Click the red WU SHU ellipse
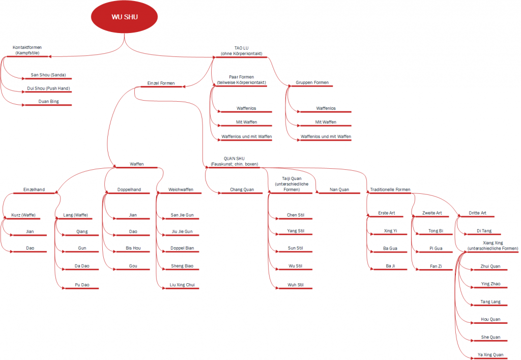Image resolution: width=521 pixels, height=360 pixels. point(124,17)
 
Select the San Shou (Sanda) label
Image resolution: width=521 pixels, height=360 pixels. point(48,75)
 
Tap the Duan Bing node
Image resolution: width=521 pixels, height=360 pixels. point(48,101)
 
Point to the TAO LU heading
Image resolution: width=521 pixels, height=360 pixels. point(242,51)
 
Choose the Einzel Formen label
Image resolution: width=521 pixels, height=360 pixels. point(161,83)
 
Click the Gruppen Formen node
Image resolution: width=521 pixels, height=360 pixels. point(312,82)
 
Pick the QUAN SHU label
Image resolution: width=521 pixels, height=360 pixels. point(234,161)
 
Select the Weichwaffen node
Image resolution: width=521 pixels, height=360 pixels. point(181,190)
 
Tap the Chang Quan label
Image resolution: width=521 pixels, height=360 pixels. point(242,190)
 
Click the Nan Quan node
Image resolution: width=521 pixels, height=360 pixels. point(339,190)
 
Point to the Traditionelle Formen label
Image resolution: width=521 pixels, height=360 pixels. point(390,190)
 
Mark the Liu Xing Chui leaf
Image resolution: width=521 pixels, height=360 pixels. point(182,285)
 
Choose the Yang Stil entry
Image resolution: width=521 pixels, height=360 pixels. point(296,231)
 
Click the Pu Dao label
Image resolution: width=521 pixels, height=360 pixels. point(82,285)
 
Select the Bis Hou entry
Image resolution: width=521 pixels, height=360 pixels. point(133,248)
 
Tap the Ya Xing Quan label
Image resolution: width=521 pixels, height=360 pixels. point(490,355)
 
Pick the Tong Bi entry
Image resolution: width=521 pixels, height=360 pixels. point(436,231)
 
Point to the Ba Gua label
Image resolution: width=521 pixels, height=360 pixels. point(390,249)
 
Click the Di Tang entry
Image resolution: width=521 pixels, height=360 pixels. point(484,231)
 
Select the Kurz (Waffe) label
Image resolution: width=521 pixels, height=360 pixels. point(23,215)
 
